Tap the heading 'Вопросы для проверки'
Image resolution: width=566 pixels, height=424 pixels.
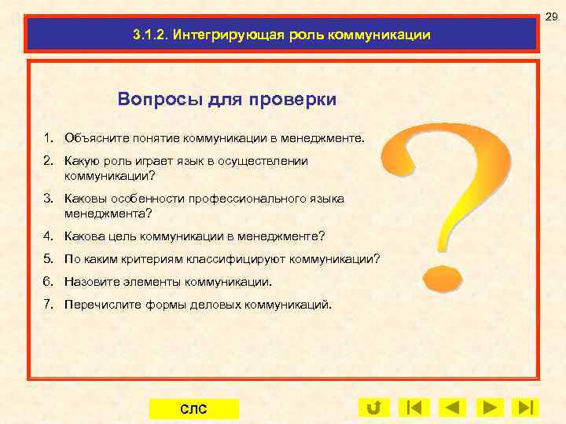coord(227,100)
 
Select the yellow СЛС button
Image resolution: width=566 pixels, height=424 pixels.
coord(193,408)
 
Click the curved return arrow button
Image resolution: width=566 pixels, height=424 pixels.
coord(373,408)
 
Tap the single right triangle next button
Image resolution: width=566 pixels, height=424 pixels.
coord(489,408)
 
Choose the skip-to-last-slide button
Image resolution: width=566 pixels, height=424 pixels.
coord(525,408)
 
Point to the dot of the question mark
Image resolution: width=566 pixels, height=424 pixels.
coord(442,277)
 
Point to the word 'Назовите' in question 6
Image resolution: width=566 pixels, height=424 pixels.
coord(90,281)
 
